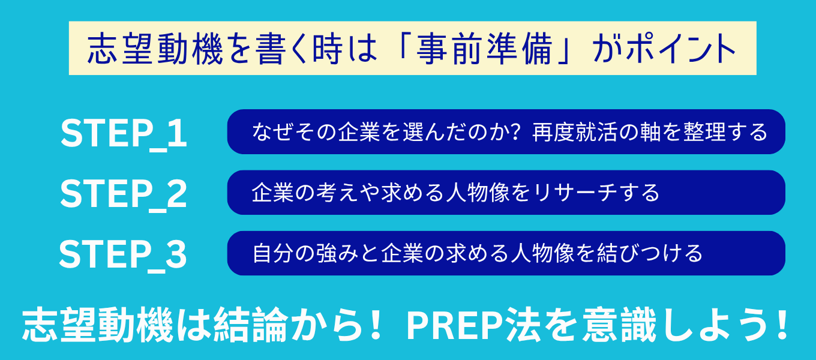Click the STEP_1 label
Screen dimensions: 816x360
click(x=124, y=133)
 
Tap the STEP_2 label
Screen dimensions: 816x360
click(x=124, y=194)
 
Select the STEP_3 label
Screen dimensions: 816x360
click(x=123, y=254)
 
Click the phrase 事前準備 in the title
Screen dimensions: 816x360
click(x=485, y=49)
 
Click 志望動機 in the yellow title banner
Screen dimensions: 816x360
click(x=155, y=49)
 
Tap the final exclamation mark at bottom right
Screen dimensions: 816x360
click(x=782, y=324)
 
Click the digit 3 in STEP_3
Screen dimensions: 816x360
click(x=176, y=254)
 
